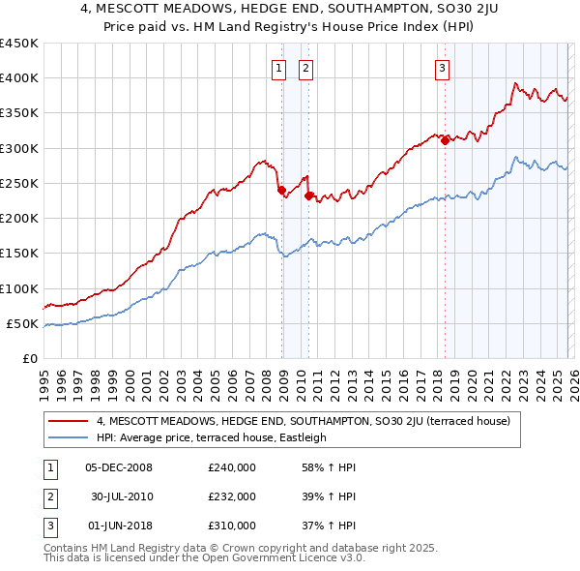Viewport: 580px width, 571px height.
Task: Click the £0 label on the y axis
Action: coord(29,358)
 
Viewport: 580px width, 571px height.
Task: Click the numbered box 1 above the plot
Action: coord(278,68)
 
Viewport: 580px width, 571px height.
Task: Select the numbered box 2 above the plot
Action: coord(304,68)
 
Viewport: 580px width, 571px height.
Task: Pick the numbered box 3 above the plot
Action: coord(442,68)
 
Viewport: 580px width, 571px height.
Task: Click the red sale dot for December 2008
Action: coord(281,191)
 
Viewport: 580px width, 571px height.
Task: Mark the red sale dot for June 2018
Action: coord(445,141)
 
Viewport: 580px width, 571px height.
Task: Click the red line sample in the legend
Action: coord(69,421)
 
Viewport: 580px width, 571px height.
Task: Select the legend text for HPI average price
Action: coord(212,437)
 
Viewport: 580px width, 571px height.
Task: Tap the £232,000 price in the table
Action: coord(232,496)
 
